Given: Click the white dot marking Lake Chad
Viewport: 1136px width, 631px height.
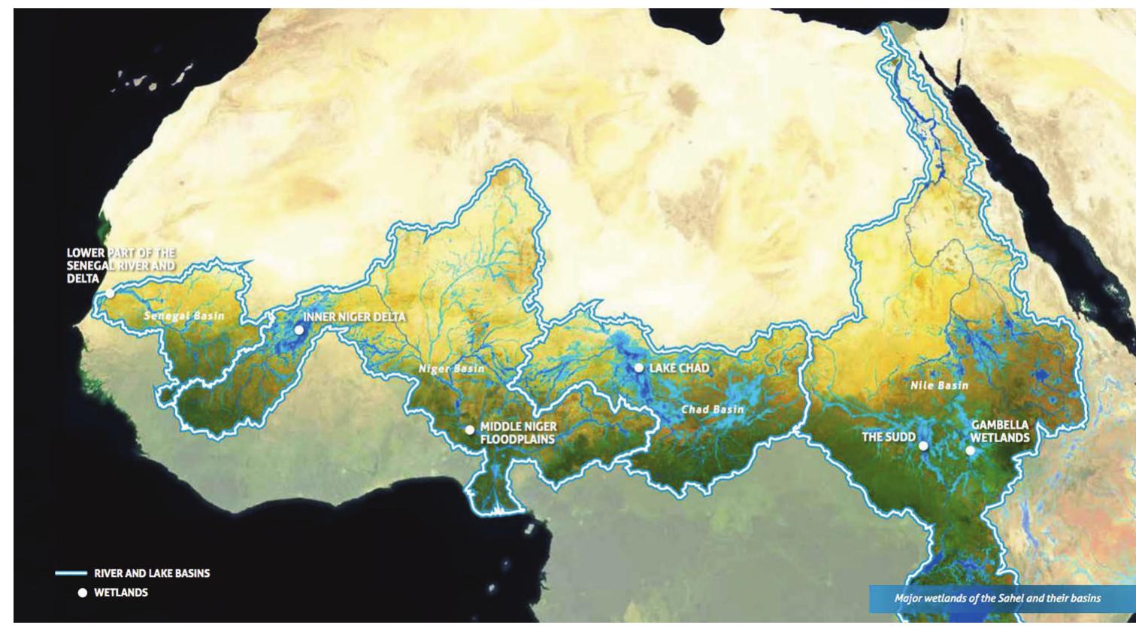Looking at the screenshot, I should coord(638,368).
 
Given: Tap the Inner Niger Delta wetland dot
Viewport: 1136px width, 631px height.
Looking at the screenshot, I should coord(298,329).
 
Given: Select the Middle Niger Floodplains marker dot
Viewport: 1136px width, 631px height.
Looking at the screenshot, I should coord(469,429).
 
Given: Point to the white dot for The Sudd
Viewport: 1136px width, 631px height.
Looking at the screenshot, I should coord(923,445).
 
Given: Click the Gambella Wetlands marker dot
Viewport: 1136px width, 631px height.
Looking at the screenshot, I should coord(970,450).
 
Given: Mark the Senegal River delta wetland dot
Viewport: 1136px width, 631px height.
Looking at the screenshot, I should coord(110,293).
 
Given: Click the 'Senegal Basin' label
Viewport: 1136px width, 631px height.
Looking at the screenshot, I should coord(184,316).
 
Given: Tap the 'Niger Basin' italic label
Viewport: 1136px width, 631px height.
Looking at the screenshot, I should coord(452,369).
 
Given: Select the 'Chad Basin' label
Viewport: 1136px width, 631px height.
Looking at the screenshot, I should coord(712,409).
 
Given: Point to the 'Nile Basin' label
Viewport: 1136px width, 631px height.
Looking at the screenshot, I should coord(939,385).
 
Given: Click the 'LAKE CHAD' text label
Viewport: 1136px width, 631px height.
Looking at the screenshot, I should coord(679,368).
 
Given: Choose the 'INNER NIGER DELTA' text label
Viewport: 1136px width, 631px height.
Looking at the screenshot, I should coord(354,317).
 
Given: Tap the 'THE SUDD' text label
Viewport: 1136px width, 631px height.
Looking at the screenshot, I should coord(889,437).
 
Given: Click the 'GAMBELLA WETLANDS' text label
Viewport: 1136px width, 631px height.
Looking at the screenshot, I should coord(1000,431).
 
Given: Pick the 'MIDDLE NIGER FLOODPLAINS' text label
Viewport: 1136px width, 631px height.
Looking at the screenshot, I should coord(518,433).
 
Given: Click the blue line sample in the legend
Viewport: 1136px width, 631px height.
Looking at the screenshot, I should coord(71,573).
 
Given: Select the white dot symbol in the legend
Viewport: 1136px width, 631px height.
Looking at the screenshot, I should coord(83,593).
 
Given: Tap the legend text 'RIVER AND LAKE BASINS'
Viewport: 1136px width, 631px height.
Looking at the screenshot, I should coord(152,573).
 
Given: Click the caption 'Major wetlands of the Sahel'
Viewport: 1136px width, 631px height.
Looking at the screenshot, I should coord(997,599).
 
